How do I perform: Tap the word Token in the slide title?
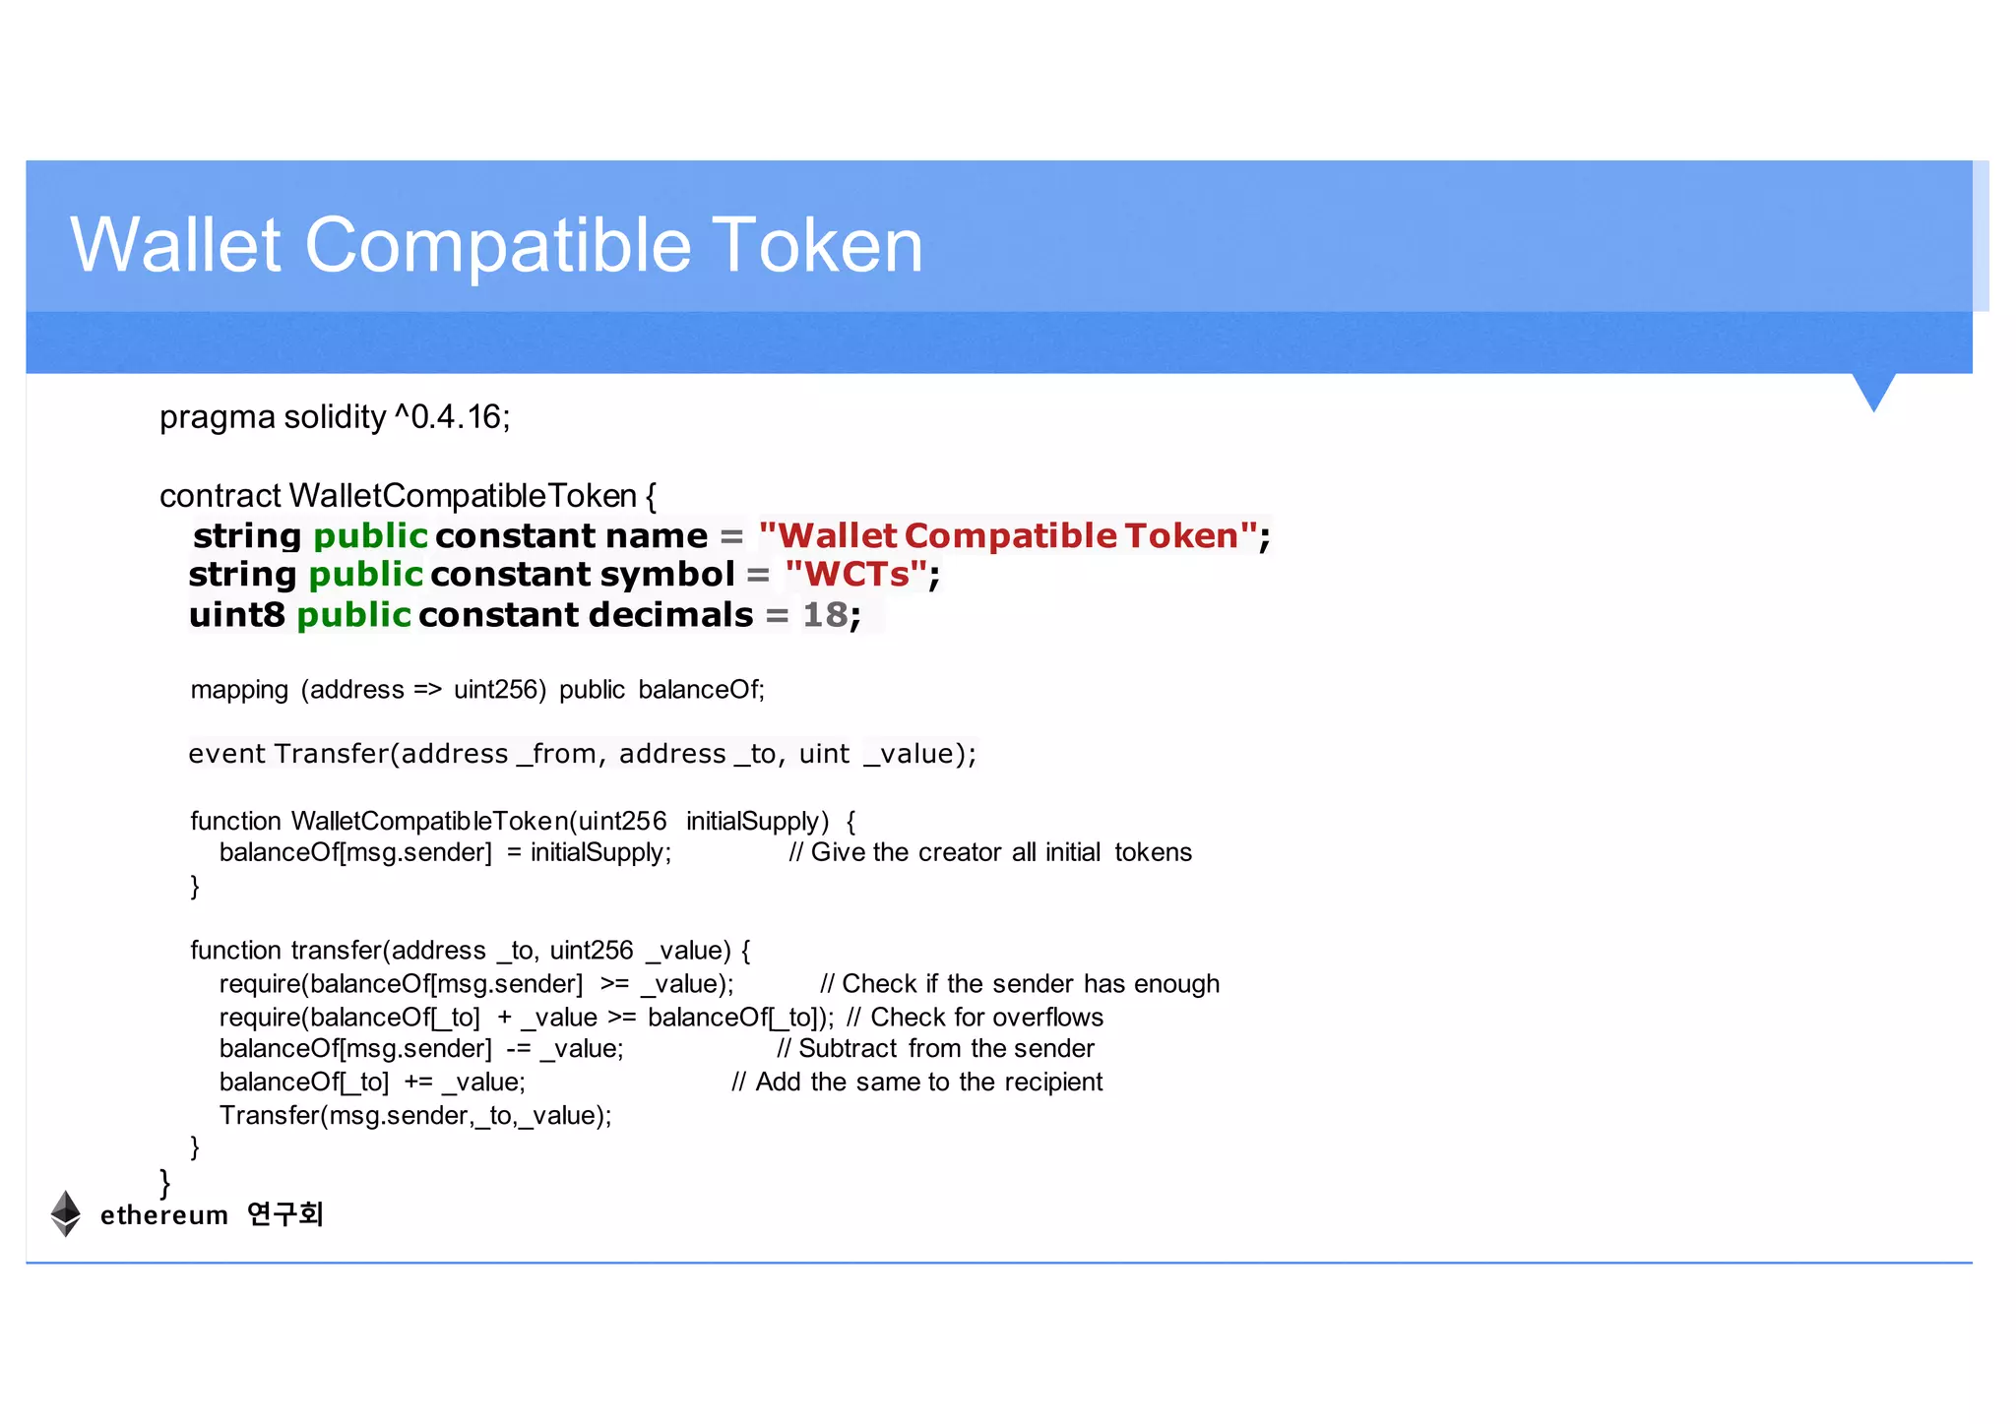click(817, 245)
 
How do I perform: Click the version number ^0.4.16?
click(453, 417)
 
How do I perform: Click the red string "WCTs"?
click(856, 575)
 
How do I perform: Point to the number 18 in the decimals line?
click(825, 615)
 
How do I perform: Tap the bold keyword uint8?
click(236, 615)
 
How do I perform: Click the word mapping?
click(239, 691)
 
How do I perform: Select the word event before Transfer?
click(226, 754)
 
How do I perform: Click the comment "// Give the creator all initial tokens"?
click(990, 852)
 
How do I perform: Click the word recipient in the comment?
click(1054, 1083)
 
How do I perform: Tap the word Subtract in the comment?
click(848, 1049)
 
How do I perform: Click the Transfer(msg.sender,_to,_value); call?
click(415, 1116)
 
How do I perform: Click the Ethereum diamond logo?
click(66, 1213)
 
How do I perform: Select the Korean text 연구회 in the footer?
click(284, 1214)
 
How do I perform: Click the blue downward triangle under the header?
click(1873, 390)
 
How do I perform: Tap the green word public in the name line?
click(370, 536)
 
